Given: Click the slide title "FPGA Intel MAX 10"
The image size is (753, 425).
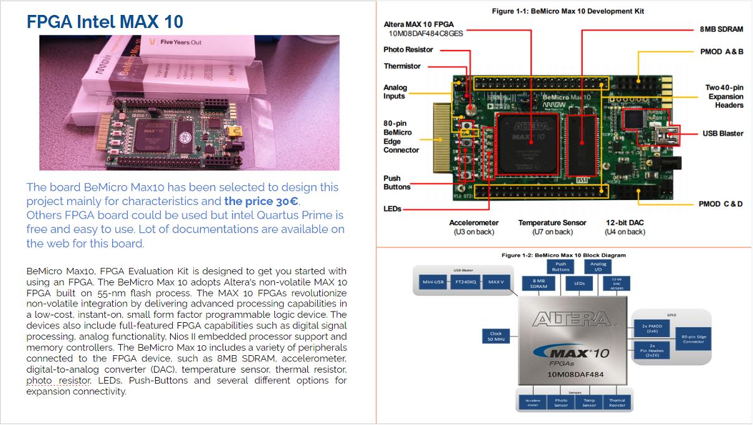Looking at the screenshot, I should point(105,22).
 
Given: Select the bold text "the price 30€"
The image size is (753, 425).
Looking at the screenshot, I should point(262,201).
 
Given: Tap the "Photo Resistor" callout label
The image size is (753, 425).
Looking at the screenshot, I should point(408,50).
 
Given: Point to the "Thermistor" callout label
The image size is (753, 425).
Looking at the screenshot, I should point(402,66).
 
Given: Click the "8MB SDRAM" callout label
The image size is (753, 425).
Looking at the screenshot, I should point(721,29).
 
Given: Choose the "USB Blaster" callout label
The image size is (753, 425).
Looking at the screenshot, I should point(723,133).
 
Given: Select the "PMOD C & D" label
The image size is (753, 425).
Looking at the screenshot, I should point(721,204).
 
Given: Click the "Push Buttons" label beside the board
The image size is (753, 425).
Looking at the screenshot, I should point(396,183).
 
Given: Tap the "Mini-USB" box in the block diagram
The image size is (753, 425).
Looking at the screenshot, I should point(433,282).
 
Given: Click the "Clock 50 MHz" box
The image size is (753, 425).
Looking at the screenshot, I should point(496,337).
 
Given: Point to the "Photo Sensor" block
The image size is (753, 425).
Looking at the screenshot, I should point(561,403).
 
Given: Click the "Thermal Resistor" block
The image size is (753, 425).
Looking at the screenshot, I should point(616,403).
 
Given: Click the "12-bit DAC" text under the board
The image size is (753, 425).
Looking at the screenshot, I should point(625,222).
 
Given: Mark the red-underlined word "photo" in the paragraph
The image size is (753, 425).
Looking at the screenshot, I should point(40,380).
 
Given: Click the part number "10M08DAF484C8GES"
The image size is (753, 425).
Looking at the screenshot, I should point(426,34).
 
